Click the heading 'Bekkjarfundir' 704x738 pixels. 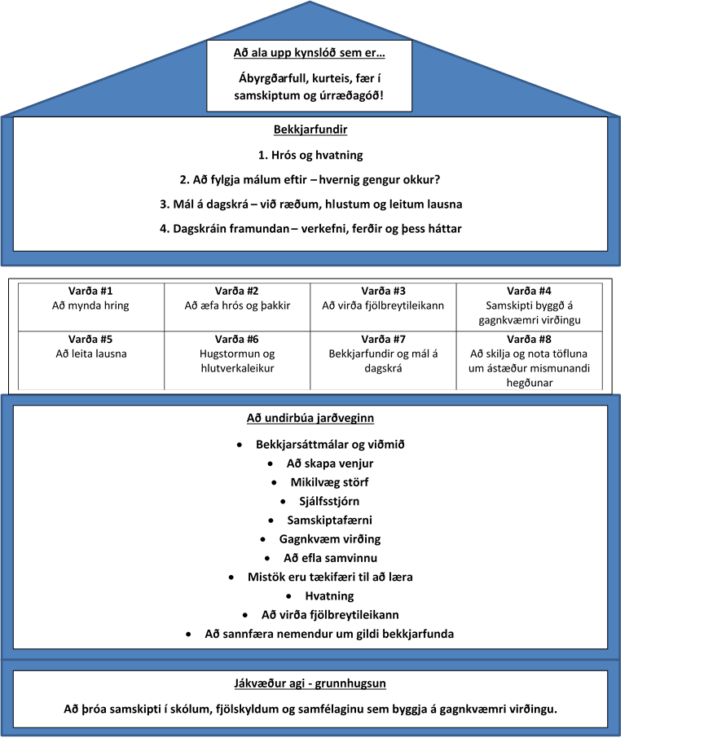[x=310, y=130]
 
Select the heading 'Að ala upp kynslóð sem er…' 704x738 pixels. [x=310, y=53]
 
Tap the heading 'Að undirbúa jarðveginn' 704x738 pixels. [x=310, y=418]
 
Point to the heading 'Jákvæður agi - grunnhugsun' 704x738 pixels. [x=310, y=683]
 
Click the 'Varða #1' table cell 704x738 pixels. [x=91, y=307]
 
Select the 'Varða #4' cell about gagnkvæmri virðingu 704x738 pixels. [x=530, y=307]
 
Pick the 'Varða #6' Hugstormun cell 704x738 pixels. [x=237, y=361]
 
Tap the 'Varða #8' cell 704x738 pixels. [x=530, y=361]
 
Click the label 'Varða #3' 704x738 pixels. [x=383, y=291]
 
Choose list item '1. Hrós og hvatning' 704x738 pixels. [x=310, y=156]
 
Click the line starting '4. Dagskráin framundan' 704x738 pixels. [x=310, y=229]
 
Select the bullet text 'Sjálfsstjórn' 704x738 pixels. [x=329, y=501]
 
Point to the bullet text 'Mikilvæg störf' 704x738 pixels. [x=329, y=482]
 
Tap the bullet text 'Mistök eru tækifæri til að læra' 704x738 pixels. [x=330, y=577]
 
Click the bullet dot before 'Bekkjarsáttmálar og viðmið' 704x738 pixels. [x=240, y=445]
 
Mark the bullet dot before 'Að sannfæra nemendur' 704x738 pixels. [x=188, y=635]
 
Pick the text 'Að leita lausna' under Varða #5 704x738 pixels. [x=91, y=354]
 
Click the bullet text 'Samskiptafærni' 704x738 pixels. [x=330, y=520]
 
